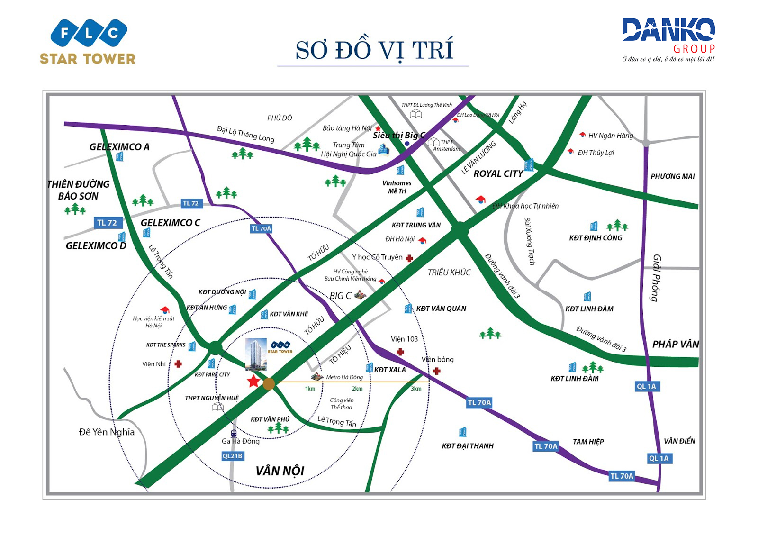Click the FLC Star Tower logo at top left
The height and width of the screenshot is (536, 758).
(x=88, y=42)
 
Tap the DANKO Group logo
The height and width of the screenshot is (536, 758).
(x=668, y=39)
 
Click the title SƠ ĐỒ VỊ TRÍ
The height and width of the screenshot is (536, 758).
(x=374, y=50)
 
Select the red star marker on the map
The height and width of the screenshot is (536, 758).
(x=253, y=381)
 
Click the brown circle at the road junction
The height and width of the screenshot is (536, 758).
(x=269, y=384)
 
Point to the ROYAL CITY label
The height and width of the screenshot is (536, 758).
(x=498, y=174)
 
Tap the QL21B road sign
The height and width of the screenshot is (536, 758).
(x=232, y=456)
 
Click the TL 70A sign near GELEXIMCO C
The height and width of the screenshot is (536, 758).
(x=261, y=228)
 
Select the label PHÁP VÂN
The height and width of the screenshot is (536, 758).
(x=675, y=344)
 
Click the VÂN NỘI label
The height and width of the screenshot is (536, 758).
(x=280, y=471)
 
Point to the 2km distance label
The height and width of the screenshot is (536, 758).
(x=357, y=389)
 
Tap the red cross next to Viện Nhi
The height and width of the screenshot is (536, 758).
(x=178, y=364)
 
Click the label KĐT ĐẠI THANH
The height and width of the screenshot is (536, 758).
(x=468, y=446)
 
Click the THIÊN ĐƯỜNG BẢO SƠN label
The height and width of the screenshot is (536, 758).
(x=78, y=190)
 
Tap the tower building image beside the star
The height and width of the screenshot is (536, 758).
(x=256, y=354)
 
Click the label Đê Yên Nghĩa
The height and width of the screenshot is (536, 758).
(x=107, y=432)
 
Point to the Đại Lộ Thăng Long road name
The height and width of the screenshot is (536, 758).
(x=245, y=134)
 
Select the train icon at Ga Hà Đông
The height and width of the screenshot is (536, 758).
(x=233, y=433)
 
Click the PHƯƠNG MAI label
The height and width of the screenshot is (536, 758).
(x=672, y=176)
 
